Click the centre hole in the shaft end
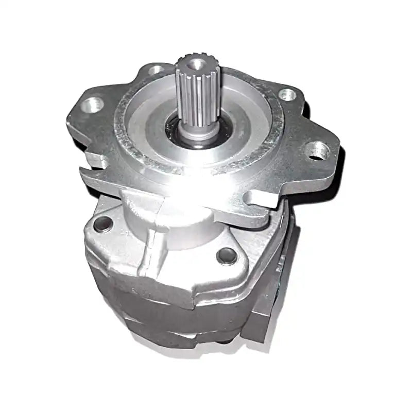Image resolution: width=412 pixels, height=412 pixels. click(x=197, y=64)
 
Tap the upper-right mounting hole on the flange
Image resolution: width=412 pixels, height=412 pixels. click(x=286, y=94)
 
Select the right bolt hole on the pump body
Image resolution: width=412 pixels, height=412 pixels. click(x=226, y=254)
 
